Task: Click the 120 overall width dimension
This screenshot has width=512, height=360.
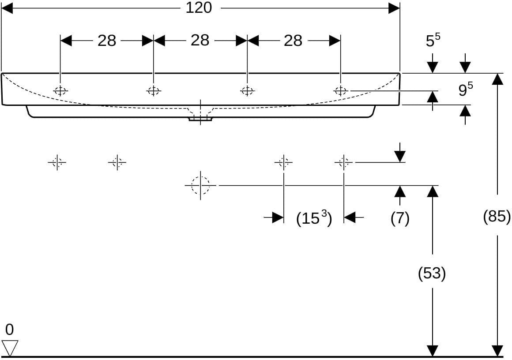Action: (x=199, y=7)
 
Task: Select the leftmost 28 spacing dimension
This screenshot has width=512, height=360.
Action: (x=107, y=41)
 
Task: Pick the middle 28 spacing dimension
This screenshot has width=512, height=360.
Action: (x=200, y=41)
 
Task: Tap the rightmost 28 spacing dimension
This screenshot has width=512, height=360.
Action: (x=293, y=41)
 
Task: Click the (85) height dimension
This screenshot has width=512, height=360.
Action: (x=497, y=216)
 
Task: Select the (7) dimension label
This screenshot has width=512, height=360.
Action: (x=400, y=218)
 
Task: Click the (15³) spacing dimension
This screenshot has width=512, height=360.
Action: (x=314, y=218)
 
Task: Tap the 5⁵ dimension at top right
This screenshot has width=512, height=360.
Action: (x=433, y=40)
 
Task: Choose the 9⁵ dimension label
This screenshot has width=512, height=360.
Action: (x=465, y=89)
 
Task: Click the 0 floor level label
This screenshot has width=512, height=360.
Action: (x=9, y=330)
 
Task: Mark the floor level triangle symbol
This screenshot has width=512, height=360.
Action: (x=10, y=348)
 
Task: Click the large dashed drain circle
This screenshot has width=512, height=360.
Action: (x=200, y=185)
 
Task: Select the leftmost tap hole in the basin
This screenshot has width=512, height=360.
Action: (x=60, y=91)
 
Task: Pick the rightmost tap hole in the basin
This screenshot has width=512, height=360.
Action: (x=340, y=91)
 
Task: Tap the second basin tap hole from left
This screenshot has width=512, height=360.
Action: (x=154, y=91)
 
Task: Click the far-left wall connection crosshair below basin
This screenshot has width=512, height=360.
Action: (x=57, y=162)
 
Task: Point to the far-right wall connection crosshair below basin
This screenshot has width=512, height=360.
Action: (x=343, y=162)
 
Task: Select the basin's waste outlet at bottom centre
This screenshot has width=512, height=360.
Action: (x=200, y=118)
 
